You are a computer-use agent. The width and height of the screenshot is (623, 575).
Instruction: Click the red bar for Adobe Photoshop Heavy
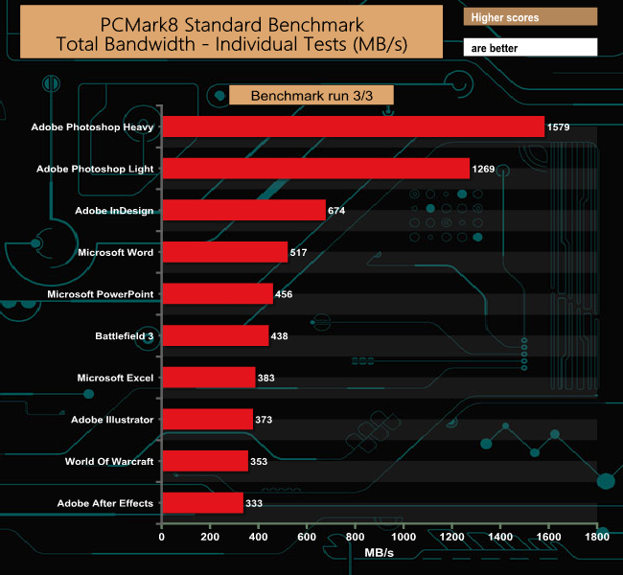pos(353,126)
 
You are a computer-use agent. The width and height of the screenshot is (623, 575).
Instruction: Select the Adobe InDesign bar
pos(243,210)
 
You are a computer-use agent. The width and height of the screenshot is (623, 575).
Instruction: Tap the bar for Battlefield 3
pos(215,335)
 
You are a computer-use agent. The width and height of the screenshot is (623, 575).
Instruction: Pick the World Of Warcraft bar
pos(204,461)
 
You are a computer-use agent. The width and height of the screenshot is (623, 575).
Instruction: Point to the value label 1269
pos(483,169)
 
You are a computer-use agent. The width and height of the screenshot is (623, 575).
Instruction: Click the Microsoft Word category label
pos(115,252)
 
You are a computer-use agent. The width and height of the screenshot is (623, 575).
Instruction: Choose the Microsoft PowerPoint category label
pos(101,293)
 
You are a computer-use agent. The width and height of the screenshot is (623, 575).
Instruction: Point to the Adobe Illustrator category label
pos(112,419)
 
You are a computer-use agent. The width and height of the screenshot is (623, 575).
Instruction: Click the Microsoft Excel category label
pos(115,378)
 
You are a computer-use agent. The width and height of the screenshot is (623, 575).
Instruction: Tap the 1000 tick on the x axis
pos(403,540)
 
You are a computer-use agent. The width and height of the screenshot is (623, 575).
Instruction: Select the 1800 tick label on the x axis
pos(596,540)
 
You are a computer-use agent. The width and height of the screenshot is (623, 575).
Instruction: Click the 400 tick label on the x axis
pos(258,540)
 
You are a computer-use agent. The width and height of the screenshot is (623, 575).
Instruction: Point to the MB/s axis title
pos(379,553)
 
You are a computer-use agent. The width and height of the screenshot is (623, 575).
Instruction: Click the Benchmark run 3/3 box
pos(311,96)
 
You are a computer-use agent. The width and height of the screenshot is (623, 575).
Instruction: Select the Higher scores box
pos(530,17)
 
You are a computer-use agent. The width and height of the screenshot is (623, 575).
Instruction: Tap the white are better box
pos(530,47)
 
